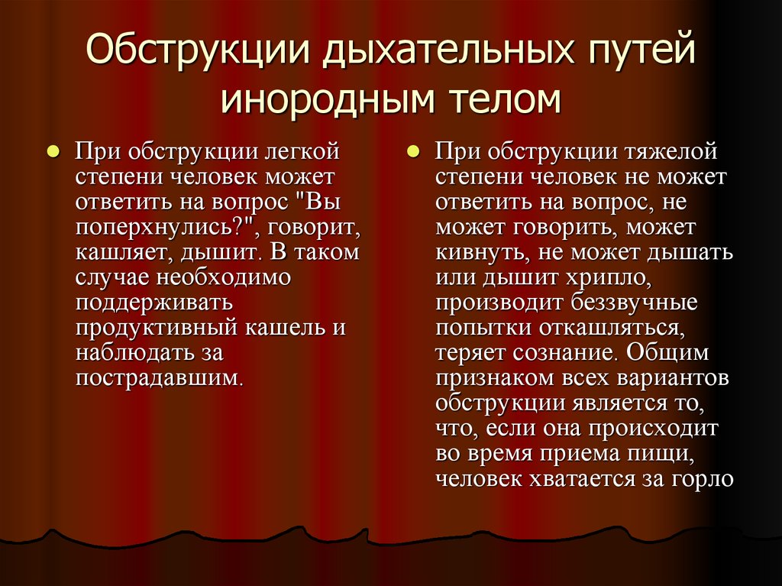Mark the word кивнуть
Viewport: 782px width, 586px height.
484,253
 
